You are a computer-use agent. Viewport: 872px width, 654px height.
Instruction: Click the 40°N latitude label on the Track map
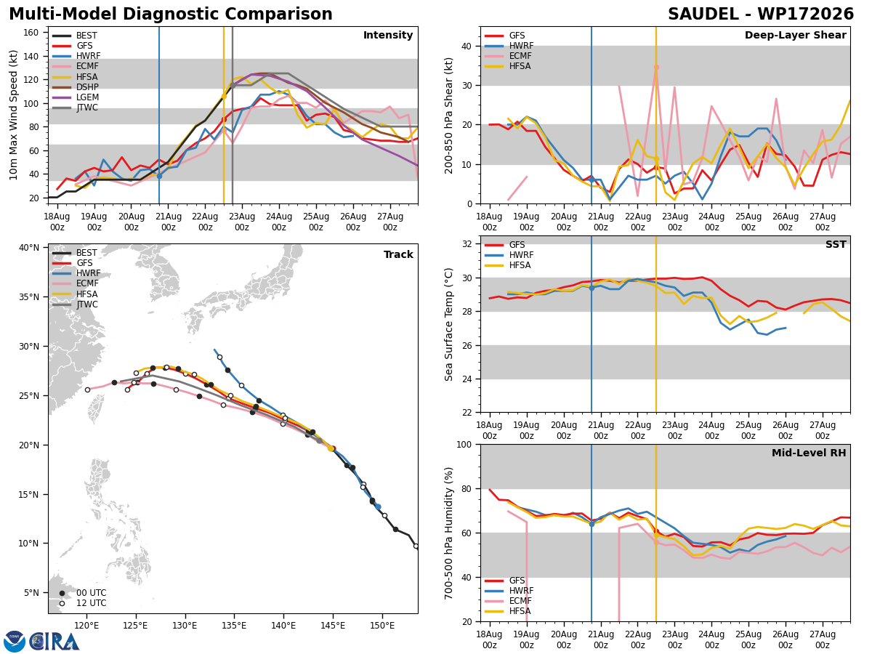pyautogui.click(x=29, y=248)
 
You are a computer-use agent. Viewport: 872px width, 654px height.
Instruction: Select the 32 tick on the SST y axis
pyautogui.click(x=467, y=244)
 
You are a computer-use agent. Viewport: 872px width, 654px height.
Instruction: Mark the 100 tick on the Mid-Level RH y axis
pyautogui.click(x=464, y=444)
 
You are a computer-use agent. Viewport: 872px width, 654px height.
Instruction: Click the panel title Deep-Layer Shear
pyautogui.click(x=795, y=35)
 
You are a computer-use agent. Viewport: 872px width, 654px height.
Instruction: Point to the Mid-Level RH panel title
pyautogui.click(x=809, y=453)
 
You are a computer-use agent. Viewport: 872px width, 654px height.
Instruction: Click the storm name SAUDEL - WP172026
pyautogui.click(x=761, y=15)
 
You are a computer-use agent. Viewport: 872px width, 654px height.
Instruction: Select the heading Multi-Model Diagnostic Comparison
pyautogui.click(x=171, y=15)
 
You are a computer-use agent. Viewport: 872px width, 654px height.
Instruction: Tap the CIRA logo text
pyautogui.click(x=54, y=642)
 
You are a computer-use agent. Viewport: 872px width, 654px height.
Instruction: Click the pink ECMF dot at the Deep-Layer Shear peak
pyautogui.click(x=656, y=68)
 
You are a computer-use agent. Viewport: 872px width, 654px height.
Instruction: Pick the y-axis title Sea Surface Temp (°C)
pyautogui.click(x=448, y=324)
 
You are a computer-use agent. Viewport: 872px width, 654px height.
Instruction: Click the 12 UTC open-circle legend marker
pyautogui.click(x=62, y=604)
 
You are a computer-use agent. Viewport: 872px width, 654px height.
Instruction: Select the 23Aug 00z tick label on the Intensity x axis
pyautogui.click(x=242, y=222)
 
